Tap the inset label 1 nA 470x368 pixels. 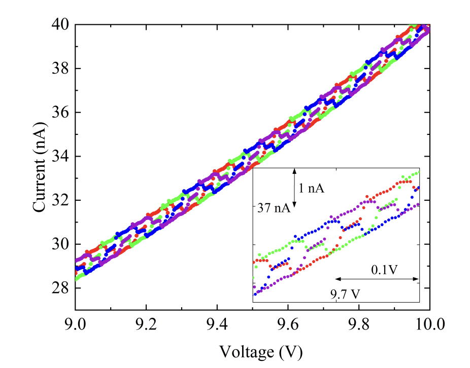311,189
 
